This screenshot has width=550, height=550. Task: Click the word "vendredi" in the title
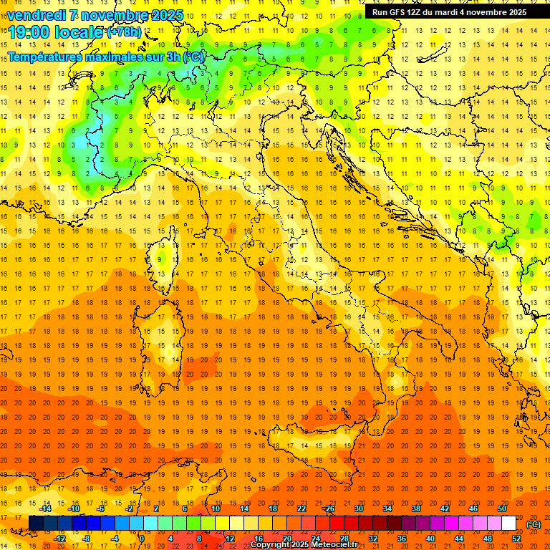tap(35, 15)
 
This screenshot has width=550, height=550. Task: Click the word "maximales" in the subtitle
tap(115, 57)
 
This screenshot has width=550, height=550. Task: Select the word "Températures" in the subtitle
tap(45, 57)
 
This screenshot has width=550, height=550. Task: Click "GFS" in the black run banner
tap(400, 12)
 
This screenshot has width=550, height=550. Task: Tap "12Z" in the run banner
tap(421, 12)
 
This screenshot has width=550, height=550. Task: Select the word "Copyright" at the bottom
tap(271, 545)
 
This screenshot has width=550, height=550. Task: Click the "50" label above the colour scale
tap(502, 508)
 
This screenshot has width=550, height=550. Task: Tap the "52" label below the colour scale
tap(516, 539)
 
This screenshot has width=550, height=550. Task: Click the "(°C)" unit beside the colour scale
tap(533, 524)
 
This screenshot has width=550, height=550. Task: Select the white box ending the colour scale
tap(508, 524)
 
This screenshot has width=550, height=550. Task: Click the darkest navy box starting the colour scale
tap(36, 524)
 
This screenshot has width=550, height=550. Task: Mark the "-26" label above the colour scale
tap(329, 508)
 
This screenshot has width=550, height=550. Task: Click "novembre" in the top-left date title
tap(111, 15)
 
